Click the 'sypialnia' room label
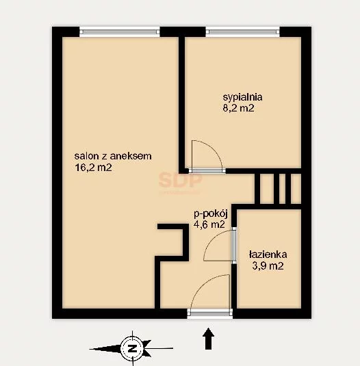(x=242, y=97)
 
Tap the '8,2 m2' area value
(x=238, y=108)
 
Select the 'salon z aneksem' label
(x=113, y=156)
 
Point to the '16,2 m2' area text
(x=93, y=168)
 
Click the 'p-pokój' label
(x=211, y=214)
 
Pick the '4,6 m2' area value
(x=209, y=224)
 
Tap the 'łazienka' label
(x=268, y=254)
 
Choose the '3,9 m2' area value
(x=268, y=266)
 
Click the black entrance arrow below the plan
(x=208, y=339)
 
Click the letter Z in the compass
(x=132, y=349)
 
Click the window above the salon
(x=120, y=31)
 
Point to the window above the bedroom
(x=242, y=31)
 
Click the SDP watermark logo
(x=180, y=180)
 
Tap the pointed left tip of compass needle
(x=90, y=349)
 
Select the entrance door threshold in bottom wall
(x=210, y=313)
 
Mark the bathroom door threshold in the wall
(x=234, y=245)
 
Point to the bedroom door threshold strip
(x=207, y=171)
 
